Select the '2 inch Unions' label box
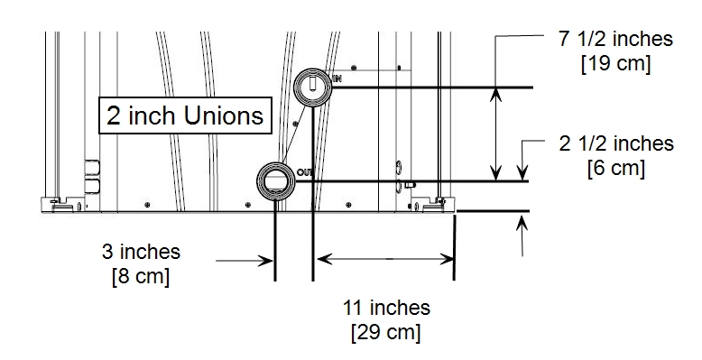(x=185, y=115)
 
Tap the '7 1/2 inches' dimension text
(x=615, y=39)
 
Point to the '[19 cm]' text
(x=615, y=63)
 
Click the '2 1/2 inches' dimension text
(x=616, y=143)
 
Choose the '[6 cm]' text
(x=616, y=169)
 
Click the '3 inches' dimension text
(x=141, y=252)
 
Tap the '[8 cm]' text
(x=141, y=276)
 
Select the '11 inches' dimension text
(x=386, y=308)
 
